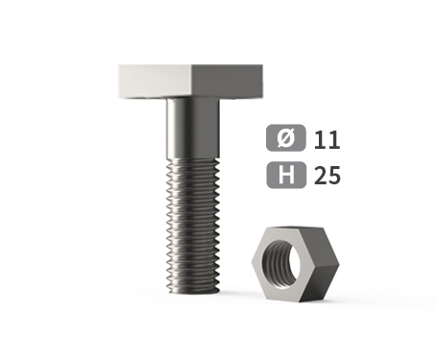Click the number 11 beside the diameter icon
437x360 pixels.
coord(327,140)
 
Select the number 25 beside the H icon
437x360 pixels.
coord(328,176)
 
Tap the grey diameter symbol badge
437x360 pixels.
coord(286,137)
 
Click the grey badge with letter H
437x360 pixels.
coord(286,175)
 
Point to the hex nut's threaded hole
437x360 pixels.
coord(281,264)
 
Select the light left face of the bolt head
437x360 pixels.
coord(155,81)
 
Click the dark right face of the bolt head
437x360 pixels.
coord(228,81)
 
